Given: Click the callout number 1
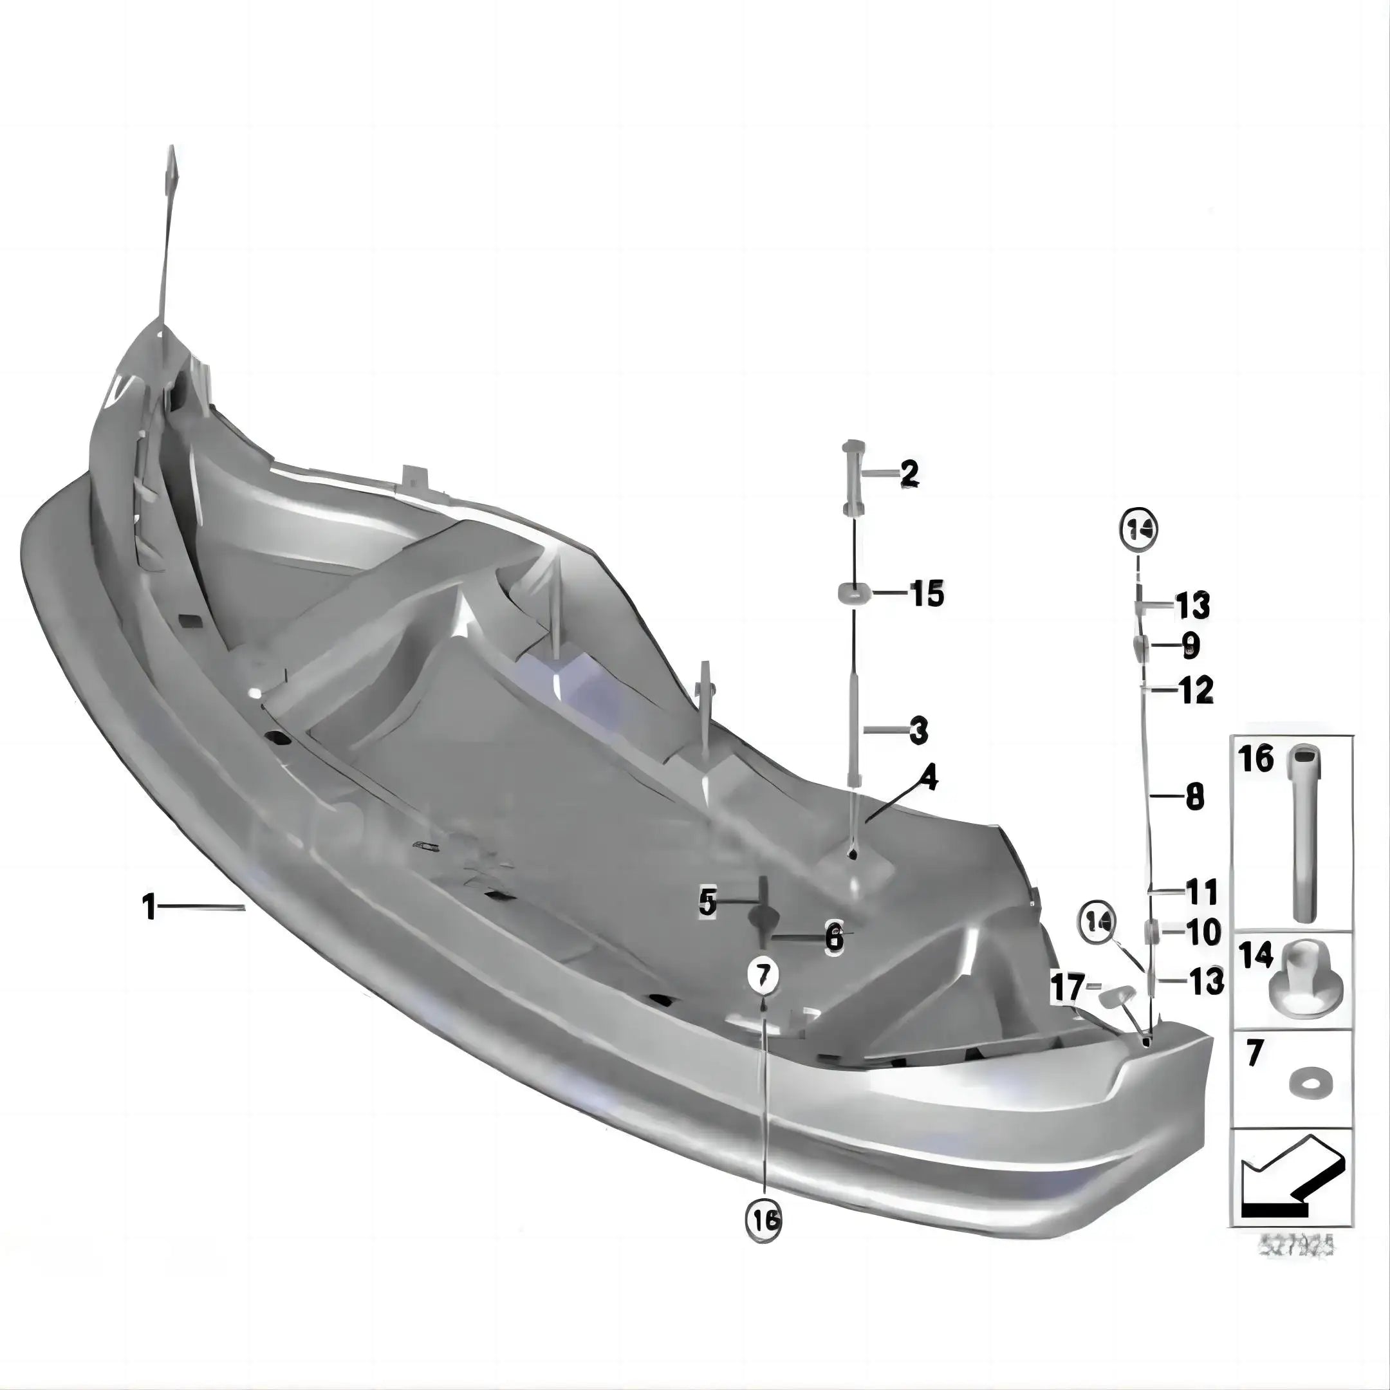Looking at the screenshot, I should point(149,907).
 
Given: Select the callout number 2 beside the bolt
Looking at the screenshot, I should point(909,474).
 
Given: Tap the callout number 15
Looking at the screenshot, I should point(927,593).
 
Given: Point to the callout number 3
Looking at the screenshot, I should point(918,731).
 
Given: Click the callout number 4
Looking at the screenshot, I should point(929,778).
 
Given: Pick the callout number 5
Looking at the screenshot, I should point(709,902).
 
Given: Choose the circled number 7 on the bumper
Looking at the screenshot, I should point(763,975).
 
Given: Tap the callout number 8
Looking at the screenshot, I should point(1194,797).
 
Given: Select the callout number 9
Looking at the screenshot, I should point(1191,645).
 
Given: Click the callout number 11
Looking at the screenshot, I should point(1202,892).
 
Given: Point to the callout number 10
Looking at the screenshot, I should point(1203,932).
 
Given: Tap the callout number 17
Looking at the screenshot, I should point(1067,987).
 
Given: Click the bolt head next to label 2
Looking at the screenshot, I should point(852,446).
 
